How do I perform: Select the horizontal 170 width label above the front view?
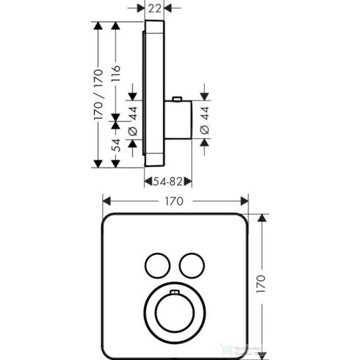coord(174,200)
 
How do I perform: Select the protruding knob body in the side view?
coord(177,122)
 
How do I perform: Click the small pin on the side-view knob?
coord(178,98)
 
